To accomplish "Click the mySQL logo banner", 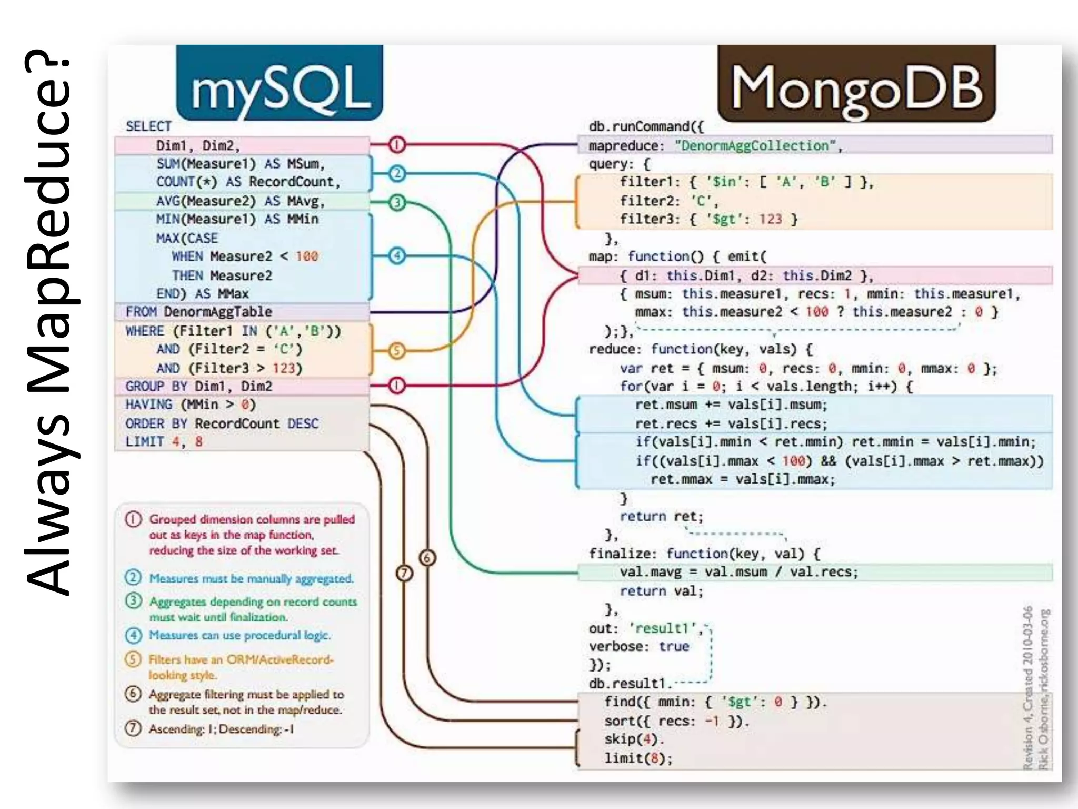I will (x=280, y=83).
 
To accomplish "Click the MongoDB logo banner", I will (x=856, y=84).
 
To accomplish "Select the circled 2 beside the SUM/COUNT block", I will (x=397, y=173).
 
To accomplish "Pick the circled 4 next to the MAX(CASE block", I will (x=397, y=256).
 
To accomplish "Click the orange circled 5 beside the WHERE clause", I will (x=397, y=351).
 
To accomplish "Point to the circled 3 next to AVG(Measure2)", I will (x=397, y=202).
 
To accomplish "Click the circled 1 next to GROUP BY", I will (x=397, y=386).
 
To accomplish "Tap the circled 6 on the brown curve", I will (x=427, y=558).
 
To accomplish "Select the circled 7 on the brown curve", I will (x=404, y=573).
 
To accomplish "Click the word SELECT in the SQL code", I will (x=148, y=126).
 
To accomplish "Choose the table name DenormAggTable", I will (x=218, y=312).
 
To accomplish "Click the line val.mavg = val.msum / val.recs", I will (x=738, y=572).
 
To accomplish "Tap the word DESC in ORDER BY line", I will (x=303, y=423).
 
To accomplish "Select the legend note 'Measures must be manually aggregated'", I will (x=251, y=578).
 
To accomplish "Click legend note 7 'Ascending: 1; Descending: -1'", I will (x=221, y=729).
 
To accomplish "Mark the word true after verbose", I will (x=674, y=646).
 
